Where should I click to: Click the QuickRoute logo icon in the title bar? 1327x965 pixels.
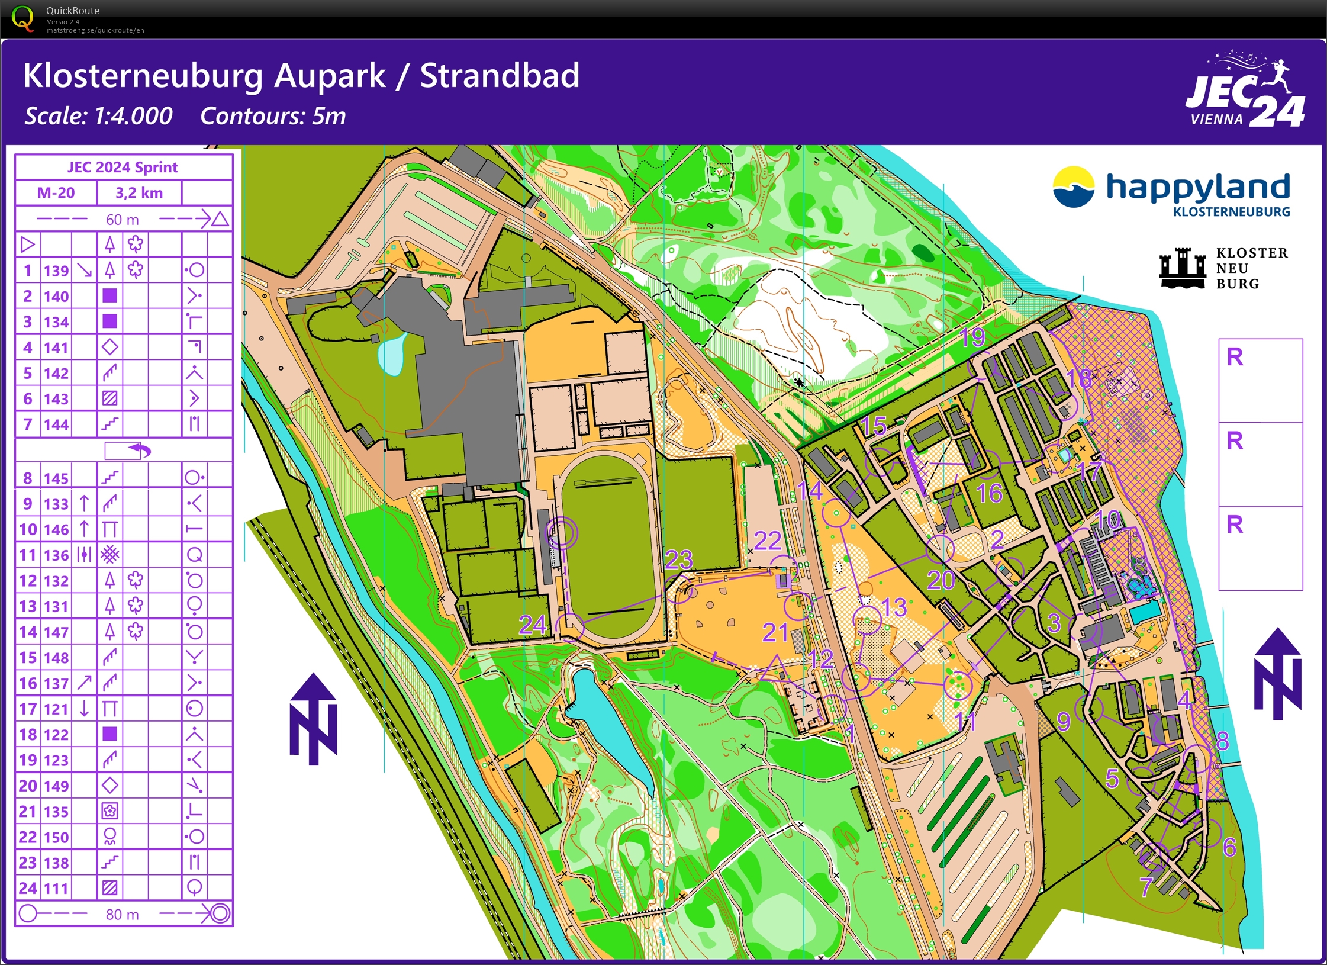point(22,18)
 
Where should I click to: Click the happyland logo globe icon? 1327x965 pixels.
point(1073,186)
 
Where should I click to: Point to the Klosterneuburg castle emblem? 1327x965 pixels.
point(1182,268)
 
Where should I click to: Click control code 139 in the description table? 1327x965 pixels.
point(56,271)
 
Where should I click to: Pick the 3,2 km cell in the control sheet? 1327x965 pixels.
point(139,193)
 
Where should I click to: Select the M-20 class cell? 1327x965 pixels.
point(56,193)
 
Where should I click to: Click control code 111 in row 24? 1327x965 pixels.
point(56,888)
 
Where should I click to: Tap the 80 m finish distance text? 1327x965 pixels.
point(122,915)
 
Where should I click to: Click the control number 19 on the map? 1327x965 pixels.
point(971,337)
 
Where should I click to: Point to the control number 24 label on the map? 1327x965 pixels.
point(532,625)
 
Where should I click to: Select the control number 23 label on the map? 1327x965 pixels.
point(678,559)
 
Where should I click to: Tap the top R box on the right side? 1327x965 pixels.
point(1260,380)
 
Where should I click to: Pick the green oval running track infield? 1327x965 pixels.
point(609,548)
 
